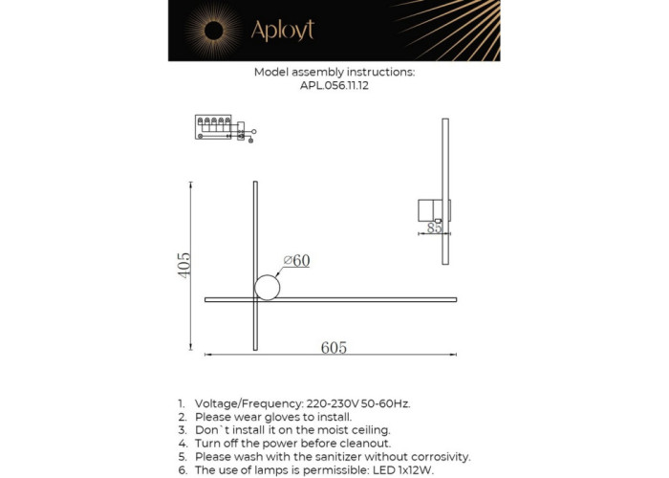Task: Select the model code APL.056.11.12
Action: [x=334, y=85]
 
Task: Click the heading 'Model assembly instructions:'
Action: [x=334, y=72]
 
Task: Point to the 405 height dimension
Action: [x=185, y=264]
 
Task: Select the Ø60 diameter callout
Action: [x=296, y=261]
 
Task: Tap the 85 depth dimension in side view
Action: [x=434, y=228]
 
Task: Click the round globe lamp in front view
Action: [x=267, y=287]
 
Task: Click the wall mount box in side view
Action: [x=428, y=209]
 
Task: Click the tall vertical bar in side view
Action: [x=445, y=191]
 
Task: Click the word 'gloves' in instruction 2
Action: [x=287, y=417]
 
